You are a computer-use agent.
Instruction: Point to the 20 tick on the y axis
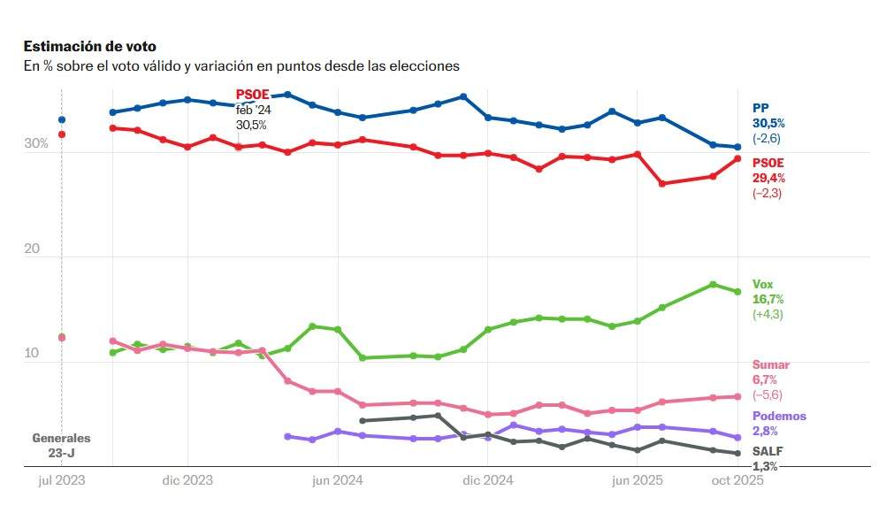click(x=32, y=249)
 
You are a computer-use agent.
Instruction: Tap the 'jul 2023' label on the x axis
click(x=61, y=480)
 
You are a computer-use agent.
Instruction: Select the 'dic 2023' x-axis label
click(x=188, y=480)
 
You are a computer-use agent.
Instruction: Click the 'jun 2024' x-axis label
click(x=338, y=480)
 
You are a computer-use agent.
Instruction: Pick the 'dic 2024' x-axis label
click(x=488, y=480)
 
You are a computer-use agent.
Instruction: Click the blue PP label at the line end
click(x=760, y=108)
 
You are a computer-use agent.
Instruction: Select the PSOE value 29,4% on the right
click(x=768, y=178)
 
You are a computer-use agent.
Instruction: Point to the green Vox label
click(x=762, y=284)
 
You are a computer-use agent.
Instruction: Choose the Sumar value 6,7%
click(x=766, y=379)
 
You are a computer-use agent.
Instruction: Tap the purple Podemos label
click(x=779, y=416)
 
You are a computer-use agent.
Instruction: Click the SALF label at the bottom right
click(x=768, y=451)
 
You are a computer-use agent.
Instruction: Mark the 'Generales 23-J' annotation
click(x=61, y=445)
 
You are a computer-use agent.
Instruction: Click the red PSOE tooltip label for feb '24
click(x=252, y=95)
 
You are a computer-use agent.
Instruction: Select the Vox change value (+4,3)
click(x=768, y=314)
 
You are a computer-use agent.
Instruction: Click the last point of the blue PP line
click(x=737, y=147)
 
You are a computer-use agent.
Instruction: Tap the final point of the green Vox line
click(x=737, y=291)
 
